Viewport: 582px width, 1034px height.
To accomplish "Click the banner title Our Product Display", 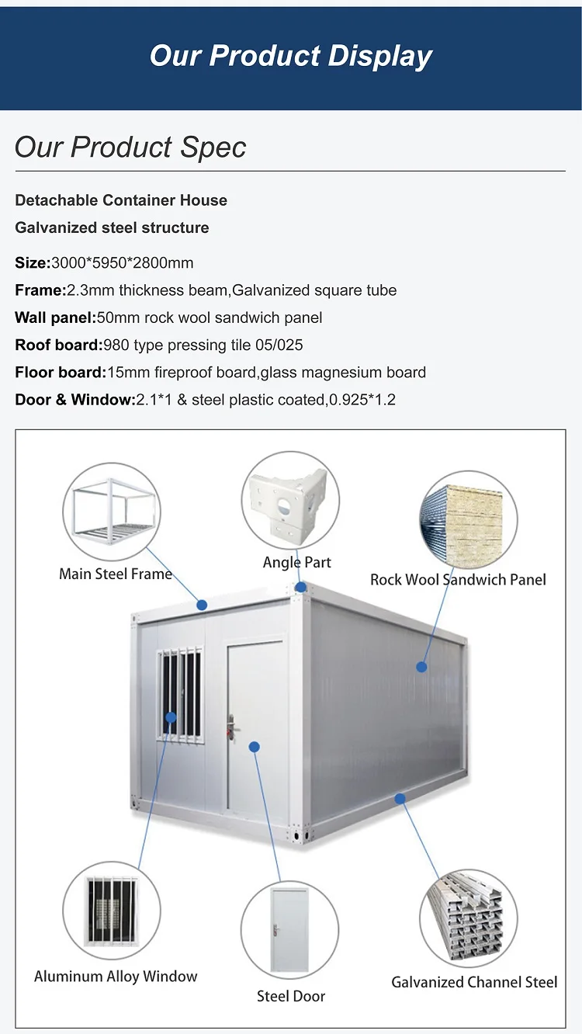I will (x=291, y=56).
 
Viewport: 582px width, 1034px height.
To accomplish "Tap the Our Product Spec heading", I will (x=130, y=147).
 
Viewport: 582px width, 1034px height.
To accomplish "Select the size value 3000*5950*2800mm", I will (x=122, y=263).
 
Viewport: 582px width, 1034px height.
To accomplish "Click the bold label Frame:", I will (x=40, y=290).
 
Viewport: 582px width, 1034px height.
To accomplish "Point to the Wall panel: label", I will (x=55, y=317).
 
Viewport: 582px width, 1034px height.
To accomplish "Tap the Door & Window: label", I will (x=74, y=400).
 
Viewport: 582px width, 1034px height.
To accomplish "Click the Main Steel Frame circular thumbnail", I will (x=112, y=512).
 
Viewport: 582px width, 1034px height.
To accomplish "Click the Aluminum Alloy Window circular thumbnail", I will (x=112, y=911).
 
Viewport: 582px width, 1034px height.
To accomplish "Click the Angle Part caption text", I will (x=297, y=562).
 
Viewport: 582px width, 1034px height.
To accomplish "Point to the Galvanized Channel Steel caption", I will (x=474, y=982).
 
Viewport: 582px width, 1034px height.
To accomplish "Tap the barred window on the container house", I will (x=180, y=695).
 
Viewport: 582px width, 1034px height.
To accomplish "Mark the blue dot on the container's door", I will (x=254, y=747).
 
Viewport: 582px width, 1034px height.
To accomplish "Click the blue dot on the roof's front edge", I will (x=202, y=605).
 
